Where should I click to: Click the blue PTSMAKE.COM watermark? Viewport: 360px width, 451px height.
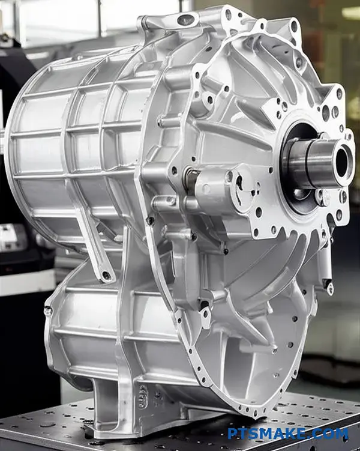click(287, 434)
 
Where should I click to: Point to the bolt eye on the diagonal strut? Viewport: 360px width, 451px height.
click(106, 275)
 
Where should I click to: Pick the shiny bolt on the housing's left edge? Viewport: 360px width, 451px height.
click(47, 310)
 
